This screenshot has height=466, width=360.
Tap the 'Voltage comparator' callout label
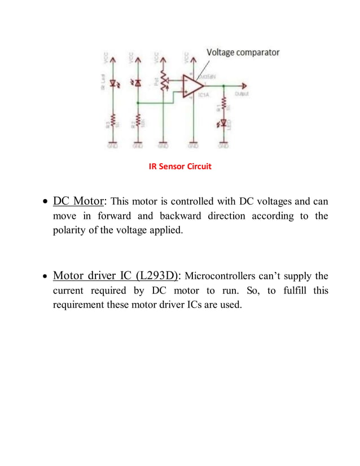tap(243, 52)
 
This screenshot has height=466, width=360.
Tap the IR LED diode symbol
tap(113, 83)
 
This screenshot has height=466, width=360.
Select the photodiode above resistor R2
tap(138, 83)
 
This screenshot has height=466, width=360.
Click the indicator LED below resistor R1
tap(224, 122)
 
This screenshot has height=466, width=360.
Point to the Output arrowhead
tap(244, 86)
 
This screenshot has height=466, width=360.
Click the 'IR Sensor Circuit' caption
tap(179, 167)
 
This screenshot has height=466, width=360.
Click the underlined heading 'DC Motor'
tap(78, 201)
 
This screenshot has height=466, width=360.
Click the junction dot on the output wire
tap(224, 86)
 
